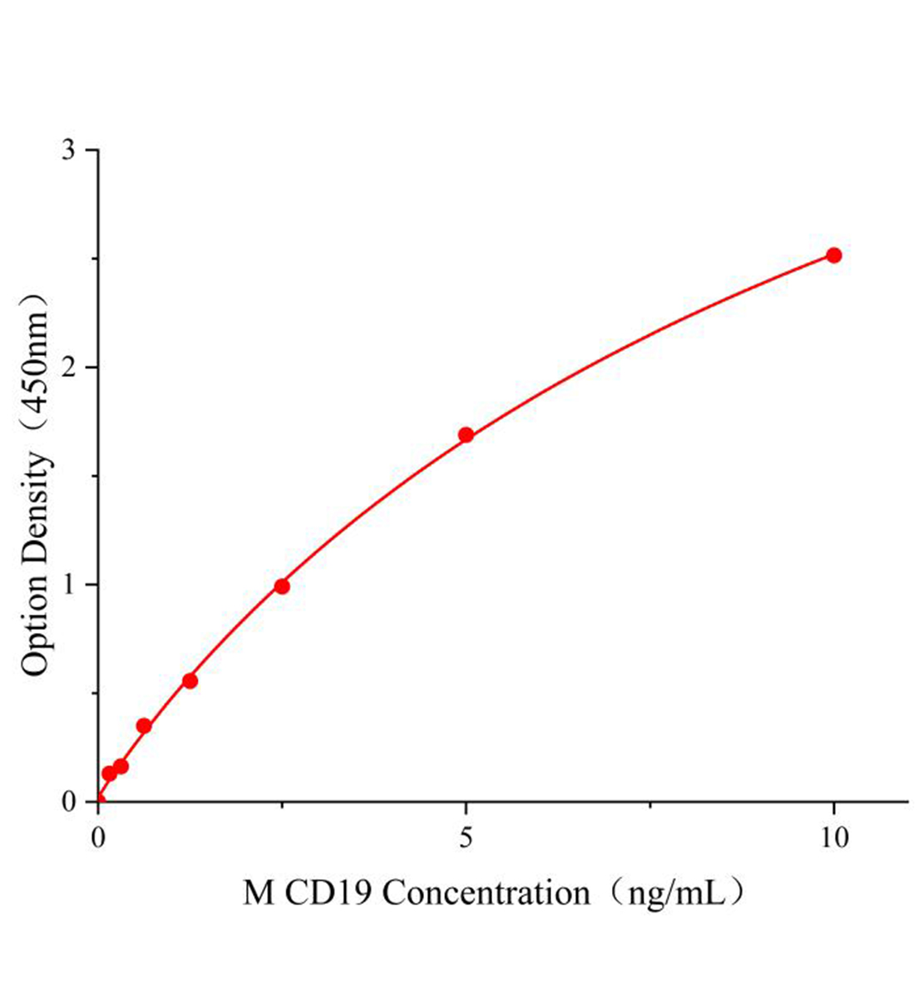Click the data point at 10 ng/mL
(833, 255)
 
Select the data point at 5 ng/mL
(466, 435)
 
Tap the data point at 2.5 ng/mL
(282, 586)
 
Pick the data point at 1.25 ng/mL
(190, 681)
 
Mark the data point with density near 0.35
(144, 726)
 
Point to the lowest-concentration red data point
(109, 773)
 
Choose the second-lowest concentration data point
(121, 766)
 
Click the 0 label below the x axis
(99, 837)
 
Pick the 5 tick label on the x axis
(466, 837)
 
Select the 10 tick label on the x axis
(833, 837)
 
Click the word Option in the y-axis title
(36, 624)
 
